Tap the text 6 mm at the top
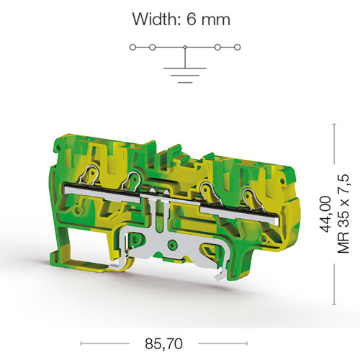pyautogui.click(x=208, y=19)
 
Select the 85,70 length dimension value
pyautogui.click(x=163, y=344)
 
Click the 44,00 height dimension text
pyautogui.click(x=325, y=215)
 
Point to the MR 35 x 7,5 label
pyautogui.click(x=343, y=214)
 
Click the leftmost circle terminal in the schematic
pyautogui.click(x=132, y=48)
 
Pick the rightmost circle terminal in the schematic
pyautogui.click(x=238, y=48)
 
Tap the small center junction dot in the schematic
pyautogui.click(x=185, y=48)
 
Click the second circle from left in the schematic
pyautogui.click(x=152, y=48)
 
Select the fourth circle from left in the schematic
pyautogui.click(x=217, y=48)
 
